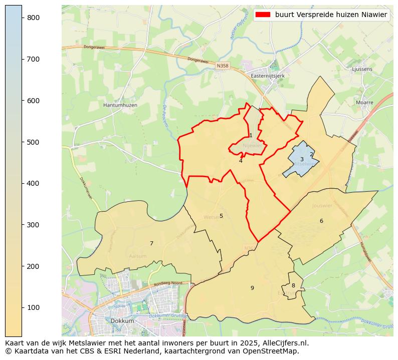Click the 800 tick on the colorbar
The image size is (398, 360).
pyautogui.click(x=22, y=18)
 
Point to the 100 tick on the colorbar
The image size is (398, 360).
pyautogui.click(x=22, y=307)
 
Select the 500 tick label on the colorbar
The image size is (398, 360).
pyautogui.click(x=33, y=142)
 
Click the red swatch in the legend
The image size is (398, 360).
pyautogui.click(x=263, y=15)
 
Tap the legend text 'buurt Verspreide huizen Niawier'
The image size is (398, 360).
pyautogui.click(x=331, y=15)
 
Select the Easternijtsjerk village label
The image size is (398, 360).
pyautogui.click(x=270, y=76)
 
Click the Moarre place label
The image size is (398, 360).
pyautogui.click(x=364, y=102)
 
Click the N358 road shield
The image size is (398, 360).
pyautogui.click(x=223, y=66)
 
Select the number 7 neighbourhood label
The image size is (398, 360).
pyautogui.click(x=151, y=244)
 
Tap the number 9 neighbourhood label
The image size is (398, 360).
pyautogui.click(x=252, y=288)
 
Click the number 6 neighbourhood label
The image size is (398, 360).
pyautogui.click(x=321, y=221)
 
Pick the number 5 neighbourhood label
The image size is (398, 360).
pyautogui.click(x=221, y=216)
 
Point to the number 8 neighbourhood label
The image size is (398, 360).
pyautogui.click(x=293, y=286)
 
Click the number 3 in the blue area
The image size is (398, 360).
pyautogui.click(x=302, y=160)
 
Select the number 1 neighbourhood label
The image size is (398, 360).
pyautogui.click(x=251, y=136)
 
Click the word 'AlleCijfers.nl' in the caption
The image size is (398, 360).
pyautogui.click(x=284, y=343)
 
